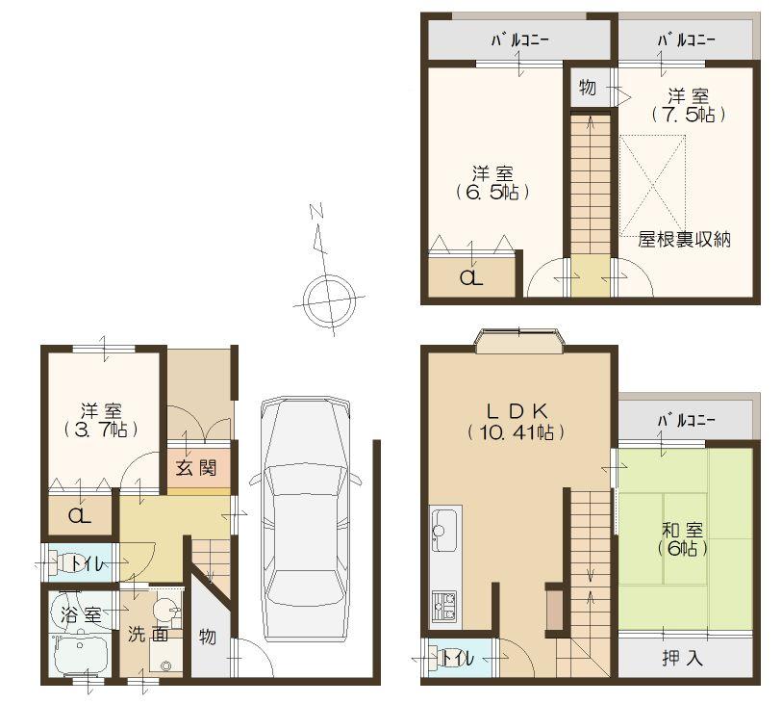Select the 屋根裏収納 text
pyautogui.click(x=685, y=240)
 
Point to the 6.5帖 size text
pyautogui.click(x=492, y=192)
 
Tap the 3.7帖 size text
pyautogui.click(x=100, y=429)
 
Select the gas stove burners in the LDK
pyautogui.click(x=443, y=606)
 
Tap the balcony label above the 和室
pyautogui.click(x=685, y=421)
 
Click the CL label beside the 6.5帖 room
pyautogui.click(x=471, y=279)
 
